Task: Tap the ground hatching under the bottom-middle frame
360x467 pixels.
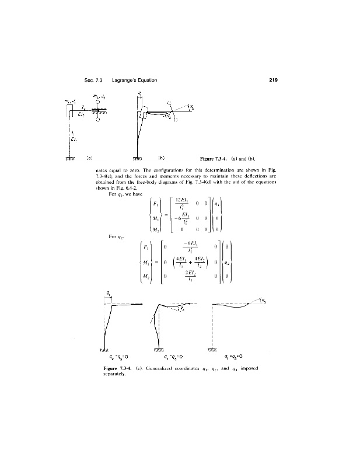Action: point(159,348)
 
